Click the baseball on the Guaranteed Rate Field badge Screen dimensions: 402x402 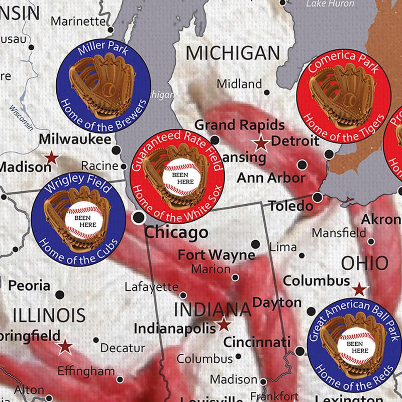(181, 177)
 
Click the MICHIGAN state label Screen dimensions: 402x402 (233, 53)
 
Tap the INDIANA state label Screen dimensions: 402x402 (213, 309)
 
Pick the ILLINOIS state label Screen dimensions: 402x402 (49, 315)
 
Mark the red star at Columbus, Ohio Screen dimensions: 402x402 (359, 289)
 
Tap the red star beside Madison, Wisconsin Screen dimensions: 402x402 (51, 158)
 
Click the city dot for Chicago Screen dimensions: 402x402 (138, 217)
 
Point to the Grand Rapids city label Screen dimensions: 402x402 (239, 125)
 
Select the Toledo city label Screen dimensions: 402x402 (290, 206)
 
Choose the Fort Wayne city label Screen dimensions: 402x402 (217, 255)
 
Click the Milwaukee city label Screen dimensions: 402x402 (75, 139)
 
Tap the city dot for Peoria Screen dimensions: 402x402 (60, 294)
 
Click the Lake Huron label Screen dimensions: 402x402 (330, 4)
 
